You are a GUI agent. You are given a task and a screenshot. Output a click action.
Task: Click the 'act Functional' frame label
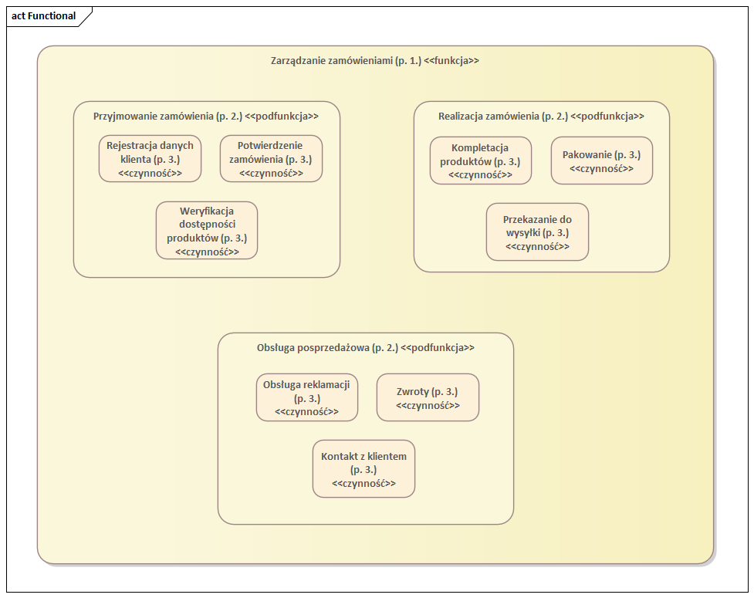[44, 16]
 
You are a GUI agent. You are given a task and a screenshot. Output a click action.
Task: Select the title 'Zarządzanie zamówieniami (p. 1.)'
[346, 60]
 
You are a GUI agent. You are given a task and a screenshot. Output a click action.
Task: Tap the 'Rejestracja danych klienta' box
[150, 159]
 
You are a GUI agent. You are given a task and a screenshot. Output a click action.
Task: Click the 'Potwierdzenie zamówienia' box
[271, 159]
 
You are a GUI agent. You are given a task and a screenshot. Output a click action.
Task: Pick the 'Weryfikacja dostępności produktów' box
[207, 230]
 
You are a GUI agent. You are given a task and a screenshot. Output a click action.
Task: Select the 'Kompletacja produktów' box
[480, 160]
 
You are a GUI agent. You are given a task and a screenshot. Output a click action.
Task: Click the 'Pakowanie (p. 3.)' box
[601, 160]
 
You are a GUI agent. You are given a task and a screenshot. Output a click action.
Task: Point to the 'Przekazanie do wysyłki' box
[537, 231]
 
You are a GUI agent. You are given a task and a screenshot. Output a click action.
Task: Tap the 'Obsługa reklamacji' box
[306, 397]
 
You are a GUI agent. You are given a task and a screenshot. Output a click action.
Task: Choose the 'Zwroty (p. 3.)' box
[428, 397]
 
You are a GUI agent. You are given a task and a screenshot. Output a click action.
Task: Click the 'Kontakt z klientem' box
[363, 468]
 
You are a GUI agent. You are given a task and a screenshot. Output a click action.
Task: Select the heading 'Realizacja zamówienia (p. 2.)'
[502, 116]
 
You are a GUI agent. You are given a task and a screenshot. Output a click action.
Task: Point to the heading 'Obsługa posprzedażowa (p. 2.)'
[327, 347]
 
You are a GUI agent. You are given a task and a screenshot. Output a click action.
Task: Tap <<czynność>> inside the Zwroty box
[428, 405]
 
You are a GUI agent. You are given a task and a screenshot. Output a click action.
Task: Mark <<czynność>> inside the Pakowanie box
[601, 168]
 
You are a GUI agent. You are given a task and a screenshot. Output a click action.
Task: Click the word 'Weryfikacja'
[207, 210]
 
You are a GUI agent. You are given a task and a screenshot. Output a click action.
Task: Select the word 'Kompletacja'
[480, 147]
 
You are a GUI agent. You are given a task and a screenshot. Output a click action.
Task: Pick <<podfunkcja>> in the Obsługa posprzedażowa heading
[438, 347]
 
